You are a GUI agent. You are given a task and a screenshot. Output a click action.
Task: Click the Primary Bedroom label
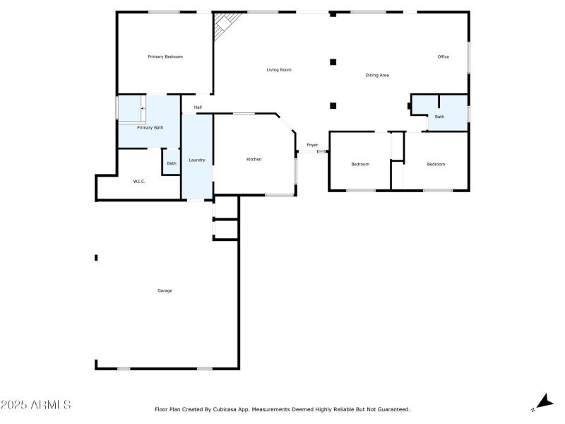click(x=165, y=57)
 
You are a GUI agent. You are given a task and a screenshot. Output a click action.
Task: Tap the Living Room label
click(x=279, y=70)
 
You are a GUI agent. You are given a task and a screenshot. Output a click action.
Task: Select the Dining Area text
click(x=377, y=75)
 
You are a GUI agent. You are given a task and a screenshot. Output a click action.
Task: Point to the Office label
click(x=444, y=57)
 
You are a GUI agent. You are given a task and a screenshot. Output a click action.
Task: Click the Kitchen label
click(x=254, y=159)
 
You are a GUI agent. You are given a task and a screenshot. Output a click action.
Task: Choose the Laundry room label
click(x=197, y=160)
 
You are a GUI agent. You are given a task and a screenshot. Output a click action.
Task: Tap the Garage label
click(x=165, y=290)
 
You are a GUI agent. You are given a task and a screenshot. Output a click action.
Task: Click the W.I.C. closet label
click(x=139, y=182)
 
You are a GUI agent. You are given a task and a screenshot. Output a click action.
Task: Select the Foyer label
click(x=312, y=145)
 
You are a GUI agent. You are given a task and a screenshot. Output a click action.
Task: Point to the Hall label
click(x=198, y=107)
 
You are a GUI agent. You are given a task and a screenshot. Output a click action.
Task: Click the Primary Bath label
click(x=150, y=128)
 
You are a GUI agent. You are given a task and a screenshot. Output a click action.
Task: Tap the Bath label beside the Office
click(x=439, y=117)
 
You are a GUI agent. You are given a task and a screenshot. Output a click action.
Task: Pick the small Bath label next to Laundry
click(x=172, y=163)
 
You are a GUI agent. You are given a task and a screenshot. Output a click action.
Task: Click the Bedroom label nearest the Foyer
click(x=360, y=164)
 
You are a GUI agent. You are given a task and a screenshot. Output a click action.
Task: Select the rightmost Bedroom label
click(x=436, y=164)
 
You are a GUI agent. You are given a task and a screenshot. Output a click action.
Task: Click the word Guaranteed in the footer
click(x=393, y=409)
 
